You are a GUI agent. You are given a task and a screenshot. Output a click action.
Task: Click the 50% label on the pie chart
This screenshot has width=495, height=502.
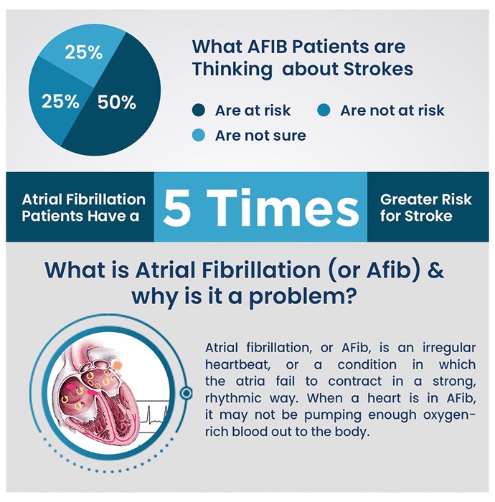coord(117,103)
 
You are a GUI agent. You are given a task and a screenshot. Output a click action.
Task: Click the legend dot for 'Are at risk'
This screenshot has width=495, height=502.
coord(198,110)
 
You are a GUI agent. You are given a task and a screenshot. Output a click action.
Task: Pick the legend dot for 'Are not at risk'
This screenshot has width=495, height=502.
coord(324,110)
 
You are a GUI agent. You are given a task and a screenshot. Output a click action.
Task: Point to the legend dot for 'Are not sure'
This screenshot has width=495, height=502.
coord(198,135)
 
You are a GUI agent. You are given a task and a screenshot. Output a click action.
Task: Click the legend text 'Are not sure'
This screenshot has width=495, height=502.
coord(260,136)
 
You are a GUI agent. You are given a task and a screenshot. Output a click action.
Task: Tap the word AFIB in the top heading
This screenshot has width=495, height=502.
coord(268,47)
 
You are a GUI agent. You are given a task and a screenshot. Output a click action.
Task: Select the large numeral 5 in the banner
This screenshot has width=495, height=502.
coord(176,207)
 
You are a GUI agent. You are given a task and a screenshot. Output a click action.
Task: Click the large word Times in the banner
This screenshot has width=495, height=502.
coord(283,207)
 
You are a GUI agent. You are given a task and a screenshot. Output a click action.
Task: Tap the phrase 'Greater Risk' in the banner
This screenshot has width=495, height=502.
coord(426,199)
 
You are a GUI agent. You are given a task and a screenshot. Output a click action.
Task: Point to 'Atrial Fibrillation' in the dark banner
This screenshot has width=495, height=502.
coord(83,199)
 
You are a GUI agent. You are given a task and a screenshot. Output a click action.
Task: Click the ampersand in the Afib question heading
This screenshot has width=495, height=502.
coord(435,270)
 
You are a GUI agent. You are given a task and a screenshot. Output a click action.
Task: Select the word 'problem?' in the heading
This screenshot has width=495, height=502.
coord(303,297)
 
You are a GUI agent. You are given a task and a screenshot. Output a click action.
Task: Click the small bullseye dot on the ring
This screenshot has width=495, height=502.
coord(187,393)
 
